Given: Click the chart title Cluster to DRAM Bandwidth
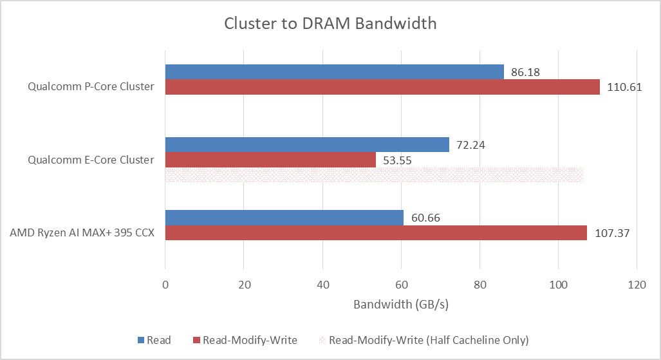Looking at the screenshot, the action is [330, 24].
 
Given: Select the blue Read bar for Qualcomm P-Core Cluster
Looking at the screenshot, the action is [334, 71].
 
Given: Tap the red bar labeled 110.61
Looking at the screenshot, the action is [382, 87].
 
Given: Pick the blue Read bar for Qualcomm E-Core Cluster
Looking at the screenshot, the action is [307, 145].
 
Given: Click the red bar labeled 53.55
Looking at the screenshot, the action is [270, 160].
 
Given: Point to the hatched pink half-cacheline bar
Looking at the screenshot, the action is [374, 175].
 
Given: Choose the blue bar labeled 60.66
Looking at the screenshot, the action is [284, 218].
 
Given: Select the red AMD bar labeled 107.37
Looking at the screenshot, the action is [376, 233].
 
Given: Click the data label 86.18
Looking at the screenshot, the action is [525, 72].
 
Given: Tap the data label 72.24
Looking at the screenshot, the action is [470, 145].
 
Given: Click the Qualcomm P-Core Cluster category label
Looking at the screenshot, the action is [91, 86].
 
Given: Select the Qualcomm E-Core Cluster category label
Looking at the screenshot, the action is [91, 160].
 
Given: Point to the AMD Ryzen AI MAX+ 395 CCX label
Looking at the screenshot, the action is [82, 233].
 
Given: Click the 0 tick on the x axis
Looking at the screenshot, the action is [165, 285].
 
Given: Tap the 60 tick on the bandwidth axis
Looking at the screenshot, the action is [402, 285].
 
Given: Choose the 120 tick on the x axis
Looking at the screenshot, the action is [637, 285].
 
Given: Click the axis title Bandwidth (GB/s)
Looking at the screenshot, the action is [401, 304].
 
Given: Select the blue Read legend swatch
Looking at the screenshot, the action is [141, 340].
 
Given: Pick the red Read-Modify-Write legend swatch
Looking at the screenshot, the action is [196, 340].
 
